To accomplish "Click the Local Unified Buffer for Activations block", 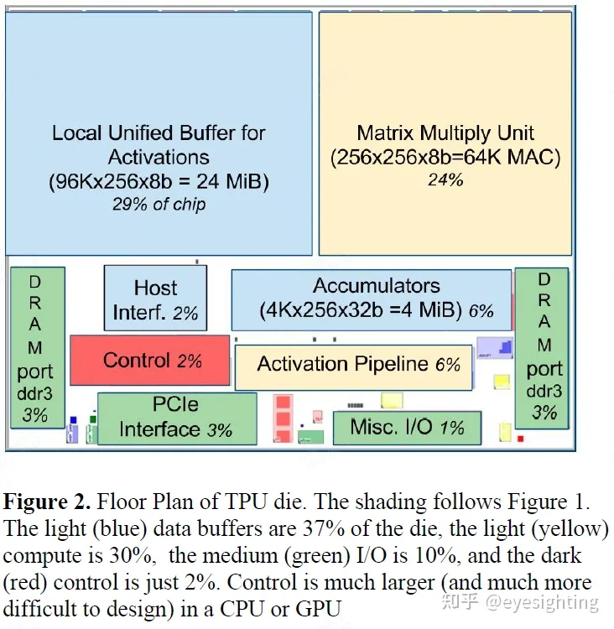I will pyautogui.click(x=159, y=134).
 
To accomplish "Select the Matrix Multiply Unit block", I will pyautogui.click(x=445, y=134).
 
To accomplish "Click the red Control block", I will pyautogui.click(x=149, y=361).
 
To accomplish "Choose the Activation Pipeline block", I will pyautogui.click(x=353, y=365).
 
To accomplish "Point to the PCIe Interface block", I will pyautogui.click(x=176, y=418).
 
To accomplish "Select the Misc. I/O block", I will pyautogui.click(x=406, y=428).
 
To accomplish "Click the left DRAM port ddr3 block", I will pyautogui.click(x=35, y=346).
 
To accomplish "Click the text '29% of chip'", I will pyautogui.click(x=159, y=204).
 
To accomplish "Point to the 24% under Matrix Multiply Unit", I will pyautogui.click(x=445, y=179).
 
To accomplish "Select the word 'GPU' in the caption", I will pyautogui.click(x=316, y=608).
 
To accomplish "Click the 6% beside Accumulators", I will pyautogui.click(x=481, y=311).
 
